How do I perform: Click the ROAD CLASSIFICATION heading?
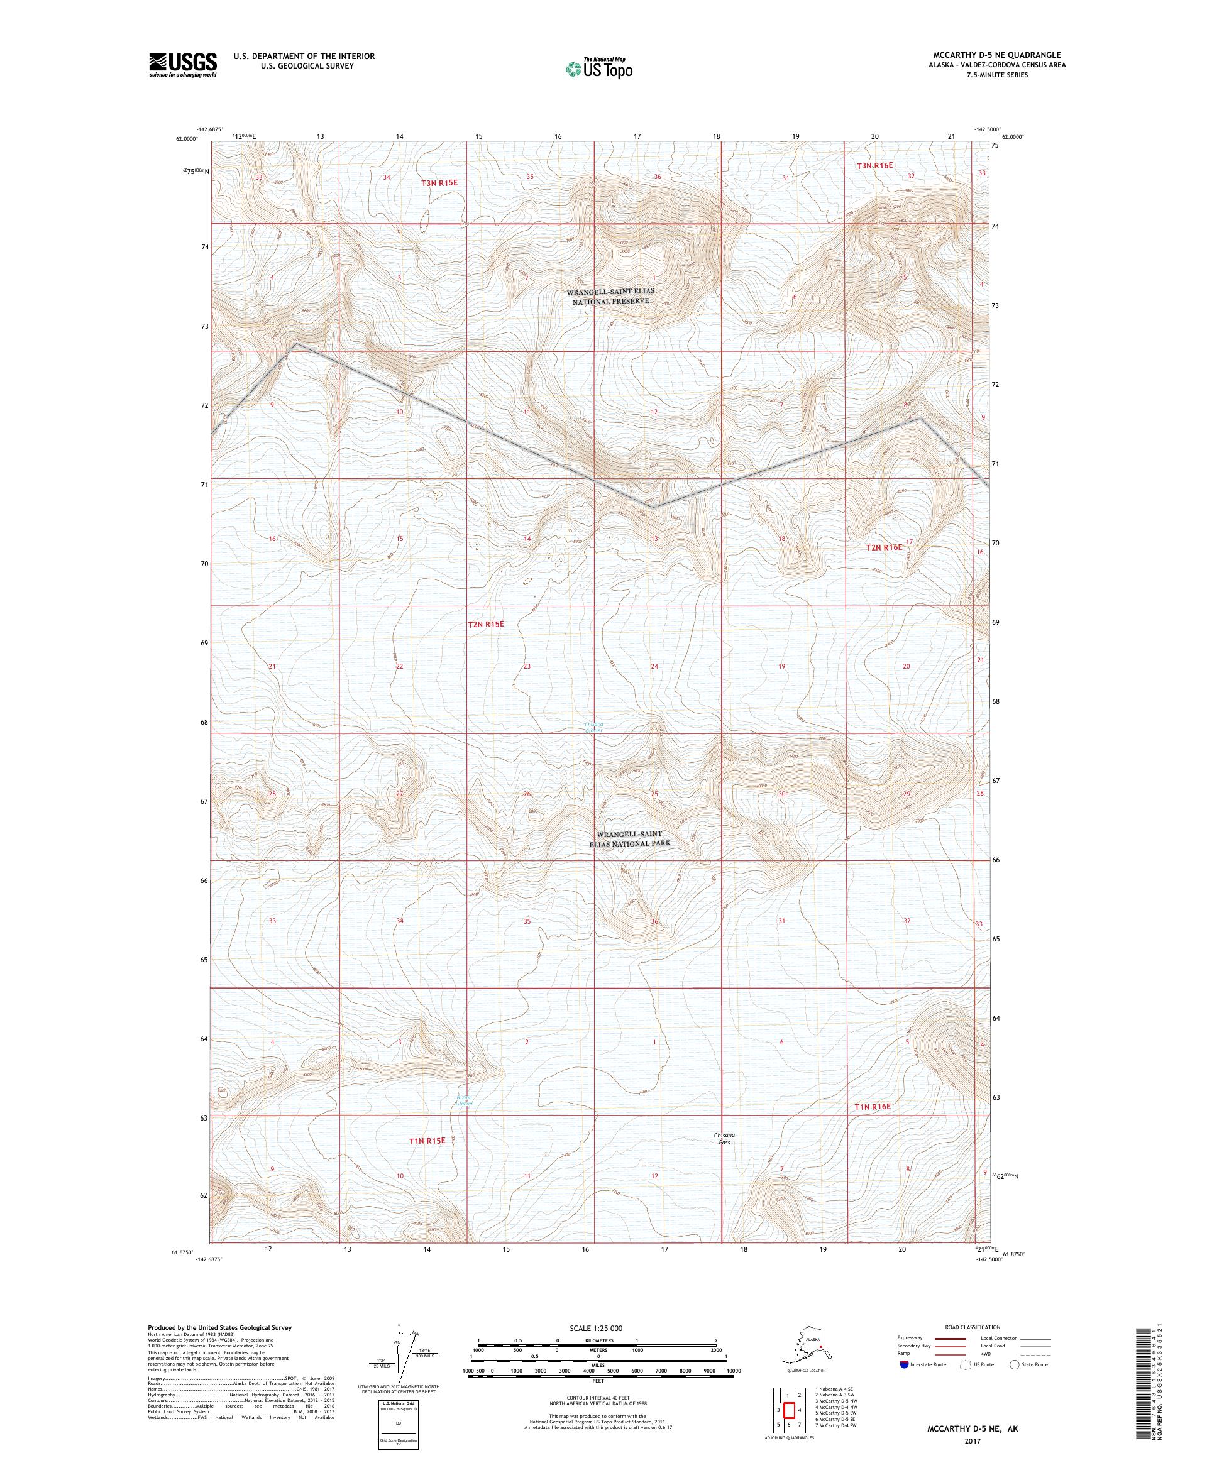point(976,1327)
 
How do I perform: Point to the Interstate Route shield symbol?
point(903,1364)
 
